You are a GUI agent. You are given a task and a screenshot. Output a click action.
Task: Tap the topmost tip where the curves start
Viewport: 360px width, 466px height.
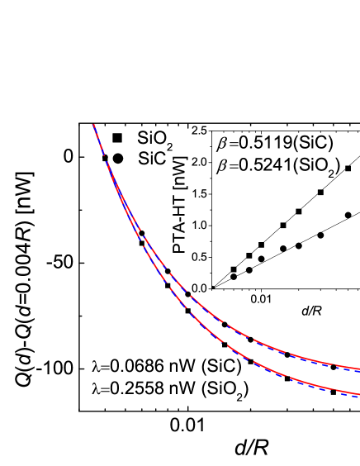click(x=93, y=125)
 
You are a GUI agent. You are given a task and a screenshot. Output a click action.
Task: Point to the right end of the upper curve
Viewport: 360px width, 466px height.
click(x=358, y=369)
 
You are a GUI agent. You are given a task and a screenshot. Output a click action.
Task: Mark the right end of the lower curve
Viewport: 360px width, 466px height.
click(x=358, y=394)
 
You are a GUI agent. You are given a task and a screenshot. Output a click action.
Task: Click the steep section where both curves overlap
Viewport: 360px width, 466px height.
click(x=107, y=165)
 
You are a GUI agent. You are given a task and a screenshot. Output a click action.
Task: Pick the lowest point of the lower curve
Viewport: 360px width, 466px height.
click(x=358, y=395)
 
